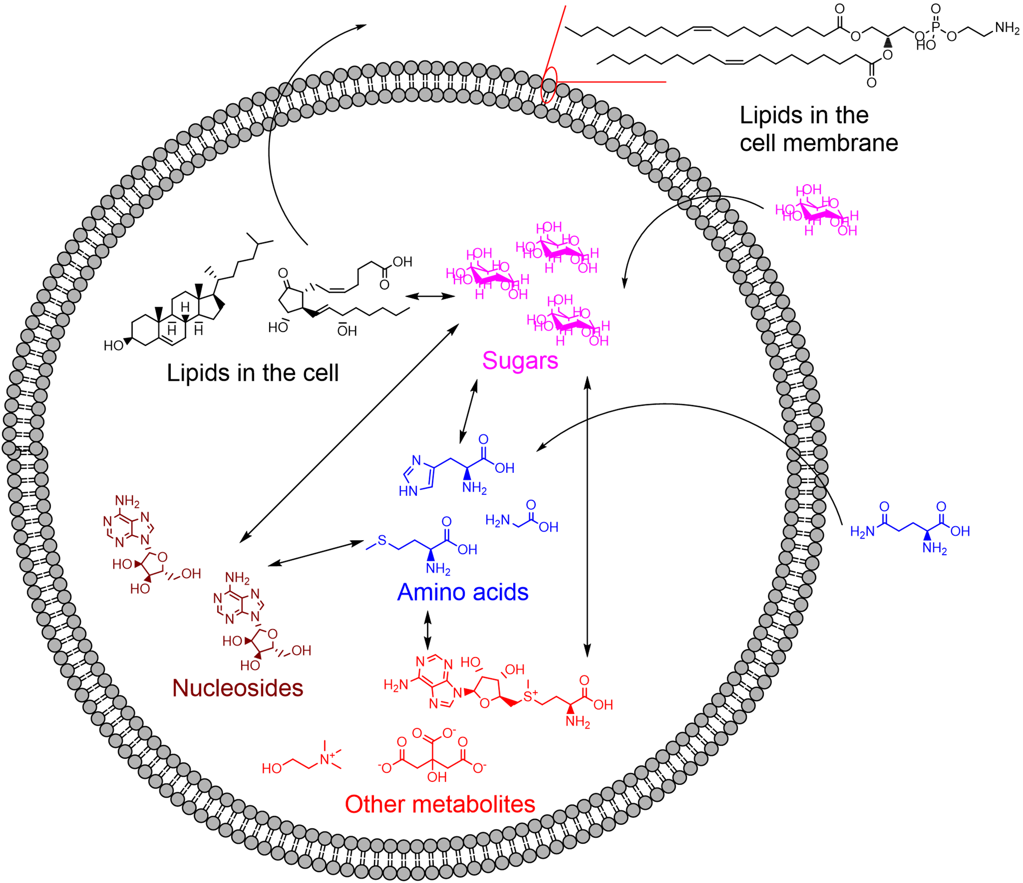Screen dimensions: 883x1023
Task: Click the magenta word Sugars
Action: point(520,360)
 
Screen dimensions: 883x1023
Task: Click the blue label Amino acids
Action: point(462,592)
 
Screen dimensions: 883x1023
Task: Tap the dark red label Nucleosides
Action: point(238,688)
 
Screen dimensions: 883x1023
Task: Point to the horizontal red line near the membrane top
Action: point(612,82)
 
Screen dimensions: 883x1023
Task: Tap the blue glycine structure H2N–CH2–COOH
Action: point(521,519)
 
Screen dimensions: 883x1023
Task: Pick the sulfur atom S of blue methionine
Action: point(382,540)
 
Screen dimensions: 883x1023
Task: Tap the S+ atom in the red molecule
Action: point(529,696)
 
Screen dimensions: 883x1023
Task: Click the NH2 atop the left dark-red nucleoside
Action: point(127,501)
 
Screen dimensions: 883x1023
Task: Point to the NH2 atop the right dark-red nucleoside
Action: point(237,578)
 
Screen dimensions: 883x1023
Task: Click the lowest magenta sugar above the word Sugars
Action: point(568,321)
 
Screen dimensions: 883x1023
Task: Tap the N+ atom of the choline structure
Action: point(325,760)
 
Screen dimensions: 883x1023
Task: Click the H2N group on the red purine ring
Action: point(396,686)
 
